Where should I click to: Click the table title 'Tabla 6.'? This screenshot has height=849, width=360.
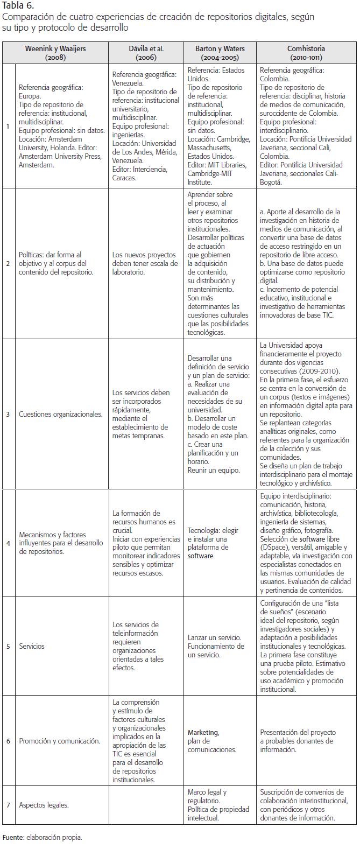[18, 7]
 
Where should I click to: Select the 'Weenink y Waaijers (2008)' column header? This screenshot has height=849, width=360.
[55, 53]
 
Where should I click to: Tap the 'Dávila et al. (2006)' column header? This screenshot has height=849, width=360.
[146, 53]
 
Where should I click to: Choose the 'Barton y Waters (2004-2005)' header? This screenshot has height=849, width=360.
[220, 53]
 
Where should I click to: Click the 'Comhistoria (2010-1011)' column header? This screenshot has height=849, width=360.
[306, 53]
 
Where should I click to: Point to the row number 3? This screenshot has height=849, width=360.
[8, 414]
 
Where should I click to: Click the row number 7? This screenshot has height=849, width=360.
[8, 805]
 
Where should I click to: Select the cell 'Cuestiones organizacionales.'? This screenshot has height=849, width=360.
[60, 414]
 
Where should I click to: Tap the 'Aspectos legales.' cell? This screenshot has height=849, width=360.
[44, 805]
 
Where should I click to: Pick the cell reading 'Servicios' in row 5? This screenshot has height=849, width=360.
[32, 646]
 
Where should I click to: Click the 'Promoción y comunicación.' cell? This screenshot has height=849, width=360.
[59, 741]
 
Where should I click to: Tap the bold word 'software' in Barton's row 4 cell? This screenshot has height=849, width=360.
[201, 556]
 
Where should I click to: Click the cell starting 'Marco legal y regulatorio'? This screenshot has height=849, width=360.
[210, 805]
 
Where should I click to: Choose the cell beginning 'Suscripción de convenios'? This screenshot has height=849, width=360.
[305, 805]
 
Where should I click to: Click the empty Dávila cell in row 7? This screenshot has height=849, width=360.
[146, 805]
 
